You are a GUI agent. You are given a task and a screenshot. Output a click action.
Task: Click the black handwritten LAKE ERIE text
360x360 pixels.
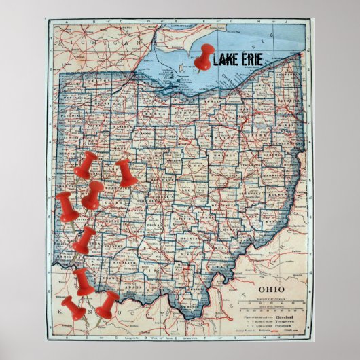[x=238, y=60]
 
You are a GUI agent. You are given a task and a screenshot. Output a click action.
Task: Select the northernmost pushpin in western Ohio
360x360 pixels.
[x=86, y=166]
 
